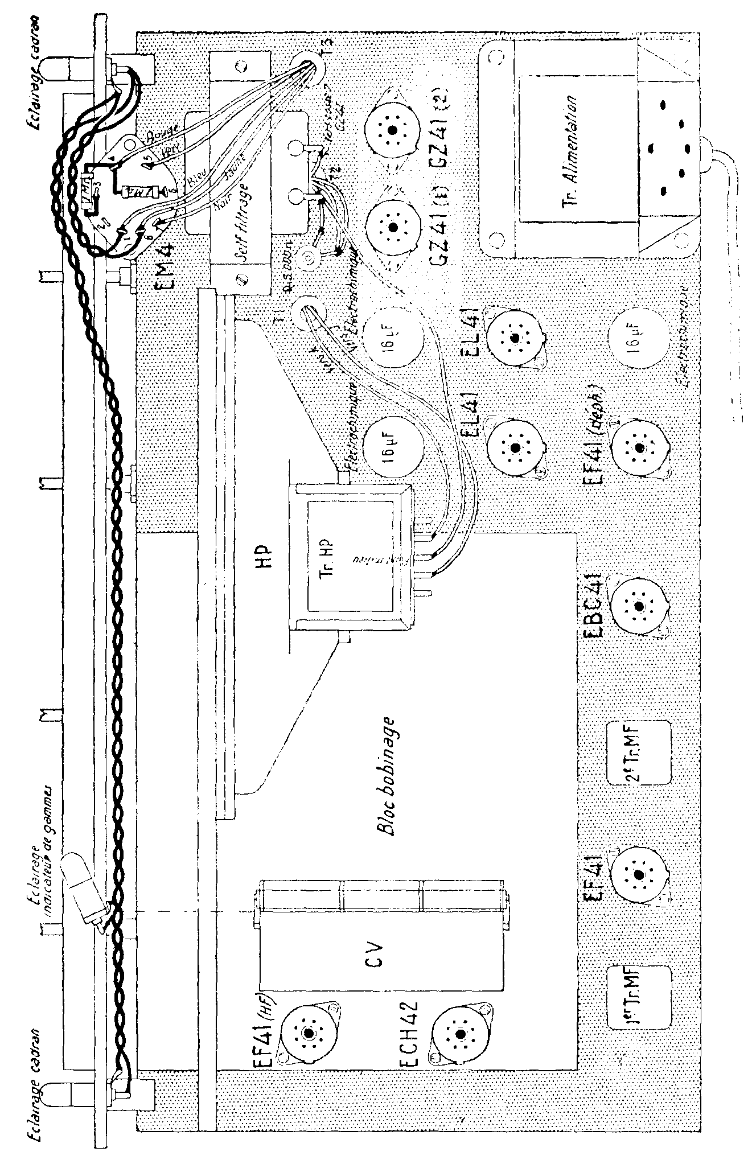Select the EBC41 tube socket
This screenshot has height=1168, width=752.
pos(638,606)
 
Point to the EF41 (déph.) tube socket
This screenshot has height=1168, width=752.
pos(638,448)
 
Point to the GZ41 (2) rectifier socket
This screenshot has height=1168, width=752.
pos(391,130)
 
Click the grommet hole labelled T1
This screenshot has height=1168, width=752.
pos(308,311)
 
